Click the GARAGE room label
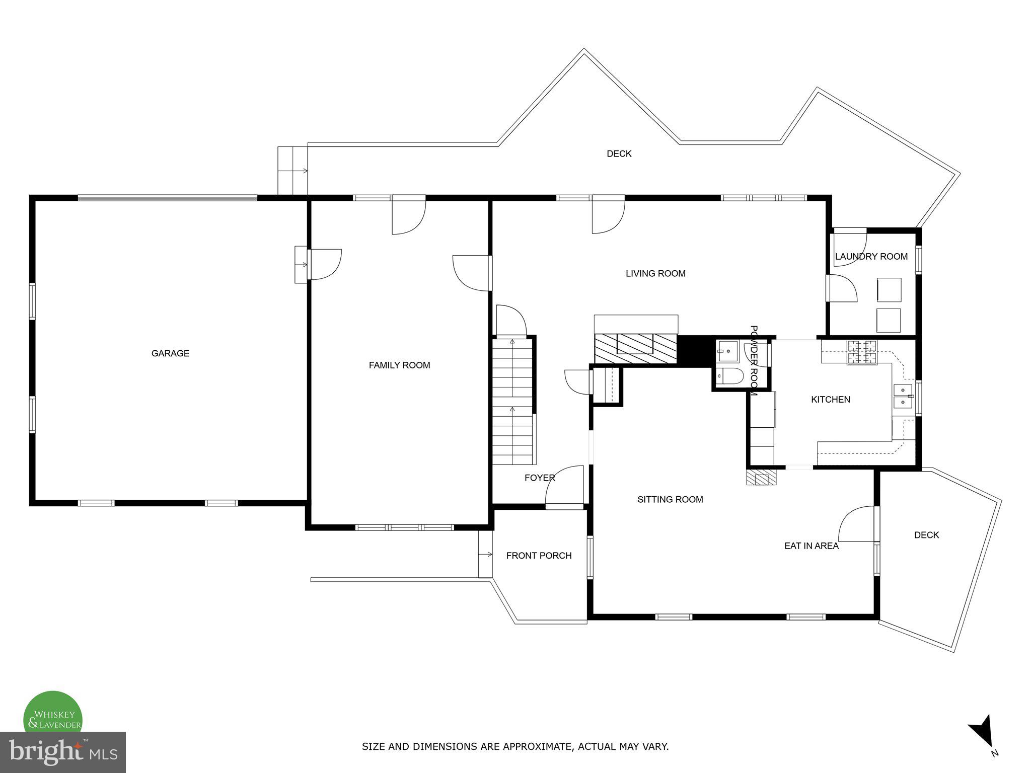point(170,353)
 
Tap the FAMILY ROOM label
point(399,365)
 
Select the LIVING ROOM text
point(655,274)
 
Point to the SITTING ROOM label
point(670,500)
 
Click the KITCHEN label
point(831,400)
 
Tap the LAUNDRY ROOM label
point(871,257)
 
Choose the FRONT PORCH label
point(539,556)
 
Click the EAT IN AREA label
point(812,546)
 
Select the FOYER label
point(540,478)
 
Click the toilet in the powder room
point(729,376)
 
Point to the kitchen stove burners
point(862,352)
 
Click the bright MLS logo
point(62,752)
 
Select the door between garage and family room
point(325,264)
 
